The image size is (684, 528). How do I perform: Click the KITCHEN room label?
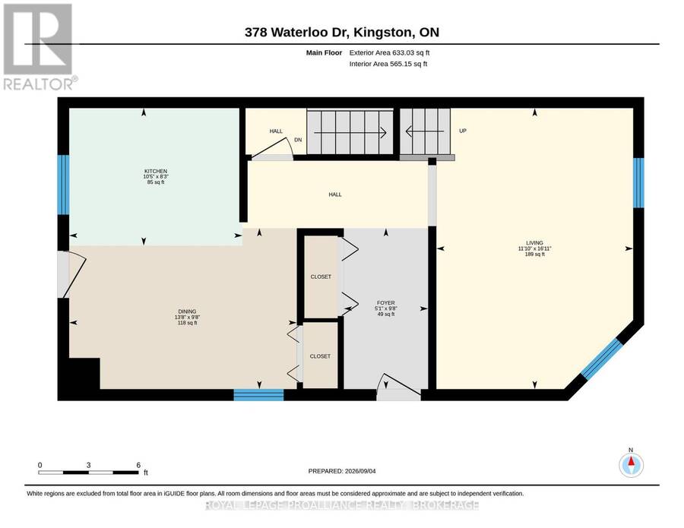point(156,172)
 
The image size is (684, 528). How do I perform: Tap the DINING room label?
point(187,311)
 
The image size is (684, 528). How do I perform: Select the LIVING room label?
point(534,243)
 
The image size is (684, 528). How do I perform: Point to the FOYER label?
point(386,302)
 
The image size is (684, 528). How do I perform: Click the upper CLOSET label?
point(321,277)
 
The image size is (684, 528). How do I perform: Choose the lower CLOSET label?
point(320,356)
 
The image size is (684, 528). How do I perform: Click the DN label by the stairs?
point(298,140)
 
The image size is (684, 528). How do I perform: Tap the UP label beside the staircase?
point(463,131)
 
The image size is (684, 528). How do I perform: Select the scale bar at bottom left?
point(89,473)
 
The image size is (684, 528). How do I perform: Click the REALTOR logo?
point(38,46)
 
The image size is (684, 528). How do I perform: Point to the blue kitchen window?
point(64,185)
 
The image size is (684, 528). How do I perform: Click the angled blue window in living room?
point(601,358)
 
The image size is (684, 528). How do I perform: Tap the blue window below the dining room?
point(258,395)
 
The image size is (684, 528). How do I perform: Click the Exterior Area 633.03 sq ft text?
point(390,52)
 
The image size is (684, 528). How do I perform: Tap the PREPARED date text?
point(342,471)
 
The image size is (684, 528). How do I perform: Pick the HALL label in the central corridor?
point(335,194)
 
